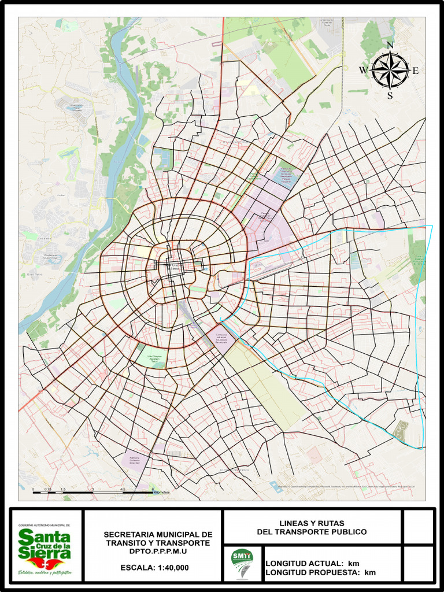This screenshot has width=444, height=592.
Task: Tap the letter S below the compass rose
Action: [x=390, y=95]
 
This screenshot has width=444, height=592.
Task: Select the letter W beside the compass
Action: [x=363, y=71]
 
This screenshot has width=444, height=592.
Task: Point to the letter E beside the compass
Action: [x=415, y=71]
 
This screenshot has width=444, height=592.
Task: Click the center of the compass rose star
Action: [x=390, y=71]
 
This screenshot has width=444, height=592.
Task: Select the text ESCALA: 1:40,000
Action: [x=154, y=568]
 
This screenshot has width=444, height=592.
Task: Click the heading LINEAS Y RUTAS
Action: [x=312, y=523]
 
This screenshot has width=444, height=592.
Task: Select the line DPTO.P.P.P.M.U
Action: [x=158, y=552]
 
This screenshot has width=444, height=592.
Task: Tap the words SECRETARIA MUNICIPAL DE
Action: [x=158, y=535]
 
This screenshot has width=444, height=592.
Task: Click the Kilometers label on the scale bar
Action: [x=161, y=493]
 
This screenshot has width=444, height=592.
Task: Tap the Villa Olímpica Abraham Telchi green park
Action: [x=154, y=358]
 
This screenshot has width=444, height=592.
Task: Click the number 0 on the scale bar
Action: [x=33, y=489]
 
